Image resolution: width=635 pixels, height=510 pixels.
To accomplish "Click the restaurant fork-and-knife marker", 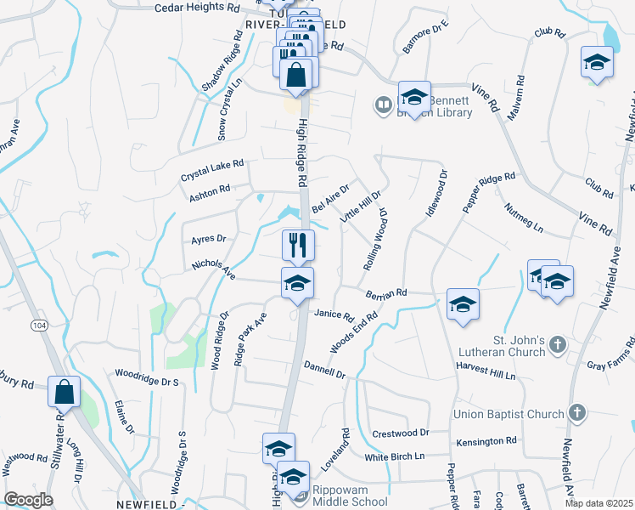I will tap(298, 245).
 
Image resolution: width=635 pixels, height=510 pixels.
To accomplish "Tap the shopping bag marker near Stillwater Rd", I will tap(64, 392).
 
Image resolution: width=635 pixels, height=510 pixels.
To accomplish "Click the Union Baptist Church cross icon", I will tap(576, 414).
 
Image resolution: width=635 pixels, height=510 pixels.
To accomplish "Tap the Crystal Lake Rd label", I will tap(211, 170).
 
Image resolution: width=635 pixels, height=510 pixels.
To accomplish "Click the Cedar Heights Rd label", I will tap(197, 8).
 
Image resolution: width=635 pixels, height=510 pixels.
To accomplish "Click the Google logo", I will tap(28, 499).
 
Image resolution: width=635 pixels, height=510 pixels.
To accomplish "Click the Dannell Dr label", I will tap(324, 369).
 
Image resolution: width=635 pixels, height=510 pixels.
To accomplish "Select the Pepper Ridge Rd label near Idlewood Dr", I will tap(489, 192).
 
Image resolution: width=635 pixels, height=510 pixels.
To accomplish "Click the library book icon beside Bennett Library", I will tap(382, 105).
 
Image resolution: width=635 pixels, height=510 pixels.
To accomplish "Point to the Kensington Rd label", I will tap(486, 440).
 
